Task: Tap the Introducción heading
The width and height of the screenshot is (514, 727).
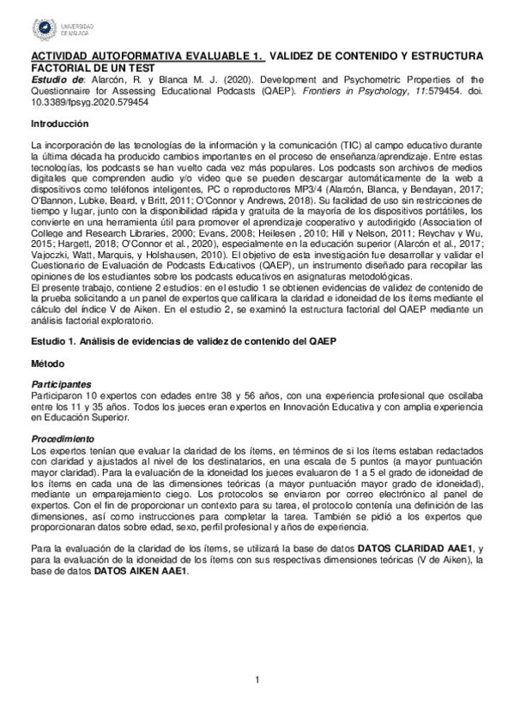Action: click(x=59, y=124)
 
